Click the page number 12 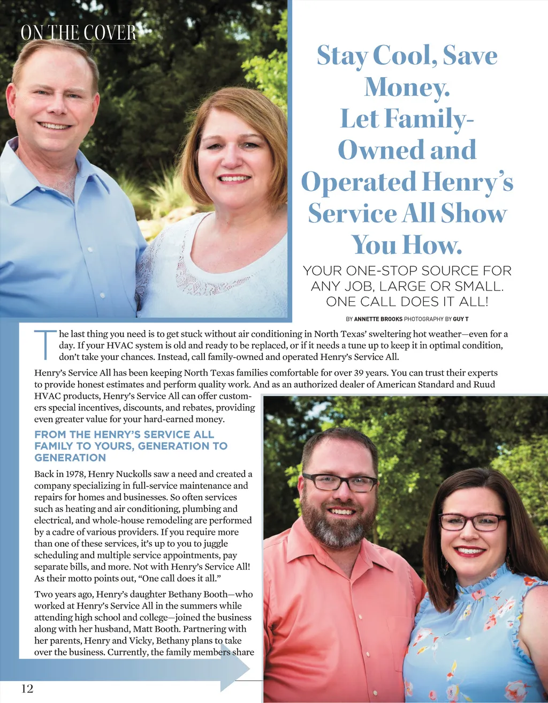click(27, 689)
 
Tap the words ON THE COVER click(79, 33)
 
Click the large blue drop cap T click(45, 345)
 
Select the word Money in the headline click(406, 87)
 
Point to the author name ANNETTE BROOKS click(378, 319)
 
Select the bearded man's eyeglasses click(339, 482)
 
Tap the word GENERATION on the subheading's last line click(70, 458)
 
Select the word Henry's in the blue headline click(467, 182)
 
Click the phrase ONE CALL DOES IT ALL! click(407, 302)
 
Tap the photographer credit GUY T click(460, 319)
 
